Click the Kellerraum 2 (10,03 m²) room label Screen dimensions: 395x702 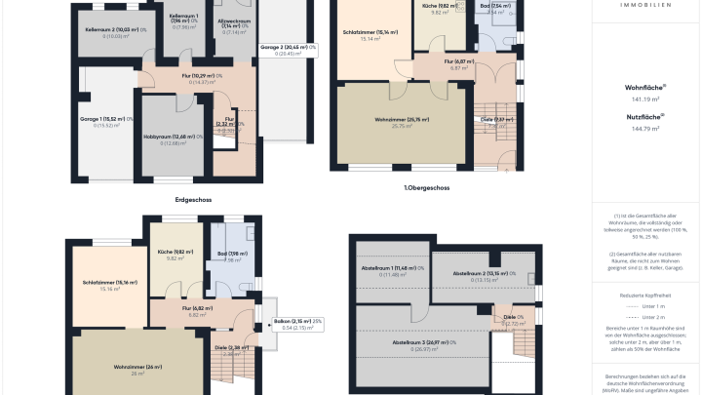click(x=108, y=30)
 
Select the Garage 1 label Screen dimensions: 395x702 click(x=100, y=119)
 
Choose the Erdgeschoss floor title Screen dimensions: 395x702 click(x=193, y=200)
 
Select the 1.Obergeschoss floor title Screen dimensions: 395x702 click(x=426, y=187)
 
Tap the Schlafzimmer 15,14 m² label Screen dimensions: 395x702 click(x=371, y=32)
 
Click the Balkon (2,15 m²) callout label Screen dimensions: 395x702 click(x=297, y=321)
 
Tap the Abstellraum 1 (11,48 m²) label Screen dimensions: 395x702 click(x=391, y=268)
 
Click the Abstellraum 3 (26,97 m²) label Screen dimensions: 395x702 click(x=421, y=342)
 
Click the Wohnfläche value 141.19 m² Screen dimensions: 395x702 click(x=645, y=99)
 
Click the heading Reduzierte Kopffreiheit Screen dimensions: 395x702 click(x=645, y=293)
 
